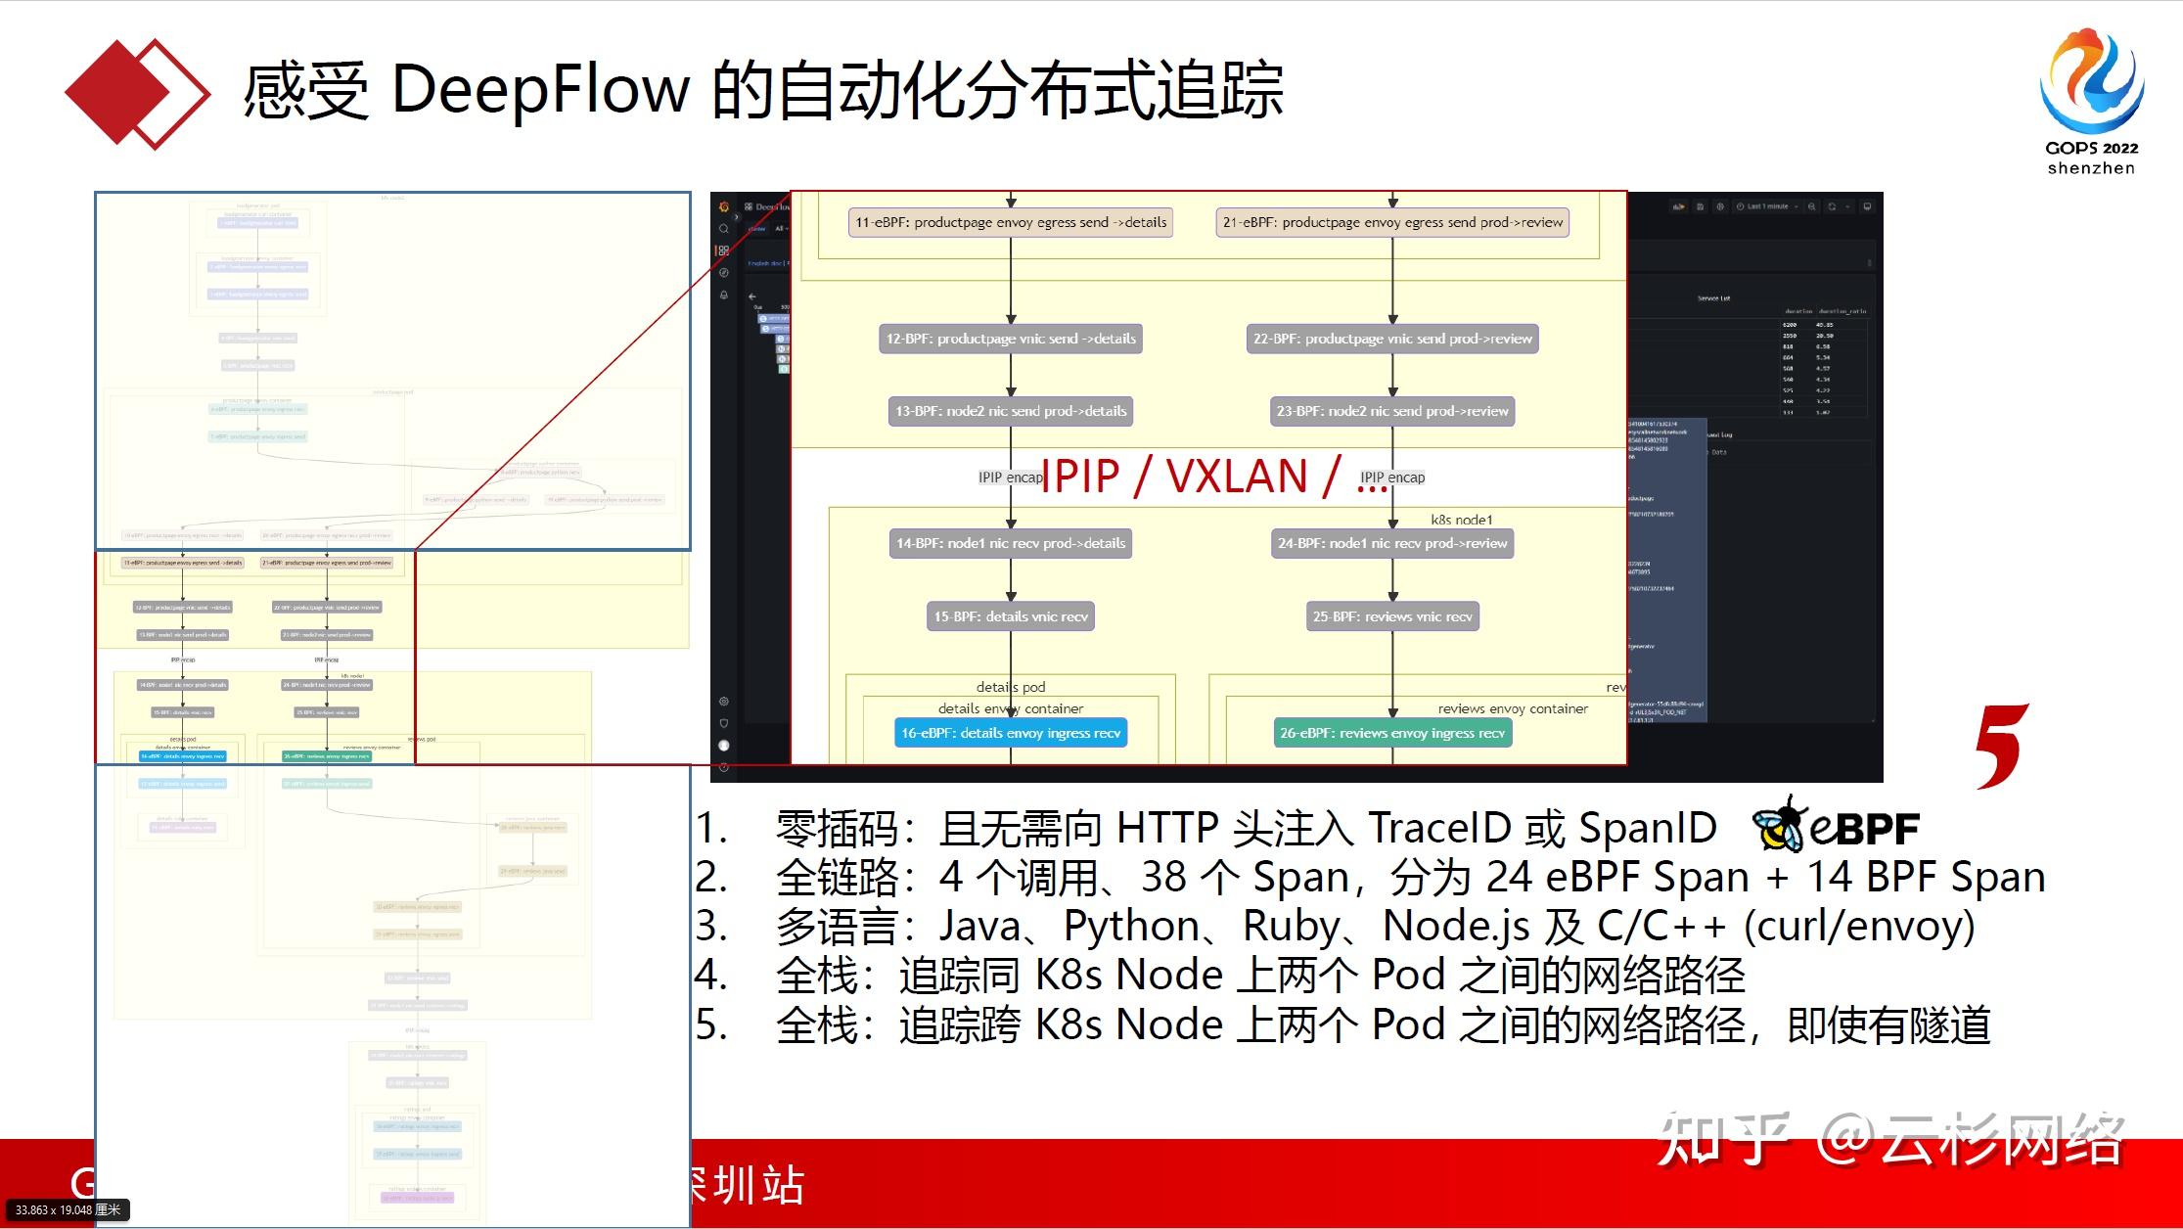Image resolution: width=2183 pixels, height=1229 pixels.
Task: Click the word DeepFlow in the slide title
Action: tap(540, 90)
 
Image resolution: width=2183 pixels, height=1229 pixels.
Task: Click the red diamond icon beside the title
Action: tap(137, 93)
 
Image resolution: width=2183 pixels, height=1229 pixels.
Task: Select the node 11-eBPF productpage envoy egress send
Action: tap(1011, 222)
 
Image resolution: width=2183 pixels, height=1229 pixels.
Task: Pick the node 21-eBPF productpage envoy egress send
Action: tap(1392, 222)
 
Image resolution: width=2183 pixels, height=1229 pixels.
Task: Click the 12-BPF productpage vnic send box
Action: tap(1011, 339)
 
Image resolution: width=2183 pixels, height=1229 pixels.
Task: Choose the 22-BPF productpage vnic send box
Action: tap(1392, 339)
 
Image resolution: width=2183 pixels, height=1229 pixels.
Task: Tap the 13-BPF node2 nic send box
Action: tap(1011, 411)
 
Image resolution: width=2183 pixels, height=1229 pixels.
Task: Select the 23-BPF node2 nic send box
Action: tap(1392, 411)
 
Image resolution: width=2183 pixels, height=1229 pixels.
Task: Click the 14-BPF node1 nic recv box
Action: tap(1011, 543)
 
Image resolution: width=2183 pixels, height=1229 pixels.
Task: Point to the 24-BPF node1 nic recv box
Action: tap(1392, 543)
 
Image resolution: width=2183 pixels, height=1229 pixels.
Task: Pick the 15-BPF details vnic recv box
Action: tap(1011, 616)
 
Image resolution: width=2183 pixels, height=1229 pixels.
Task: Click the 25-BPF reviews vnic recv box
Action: tap(1392, 616)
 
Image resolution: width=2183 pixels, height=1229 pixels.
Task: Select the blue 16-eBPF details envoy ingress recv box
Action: tap(1011, 733)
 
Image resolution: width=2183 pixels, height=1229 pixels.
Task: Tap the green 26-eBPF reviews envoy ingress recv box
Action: tap(1392, 733)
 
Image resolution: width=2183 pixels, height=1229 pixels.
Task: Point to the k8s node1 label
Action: tap(1462, 520)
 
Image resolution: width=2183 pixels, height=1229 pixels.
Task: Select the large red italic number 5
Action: tap(2000, 746)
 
